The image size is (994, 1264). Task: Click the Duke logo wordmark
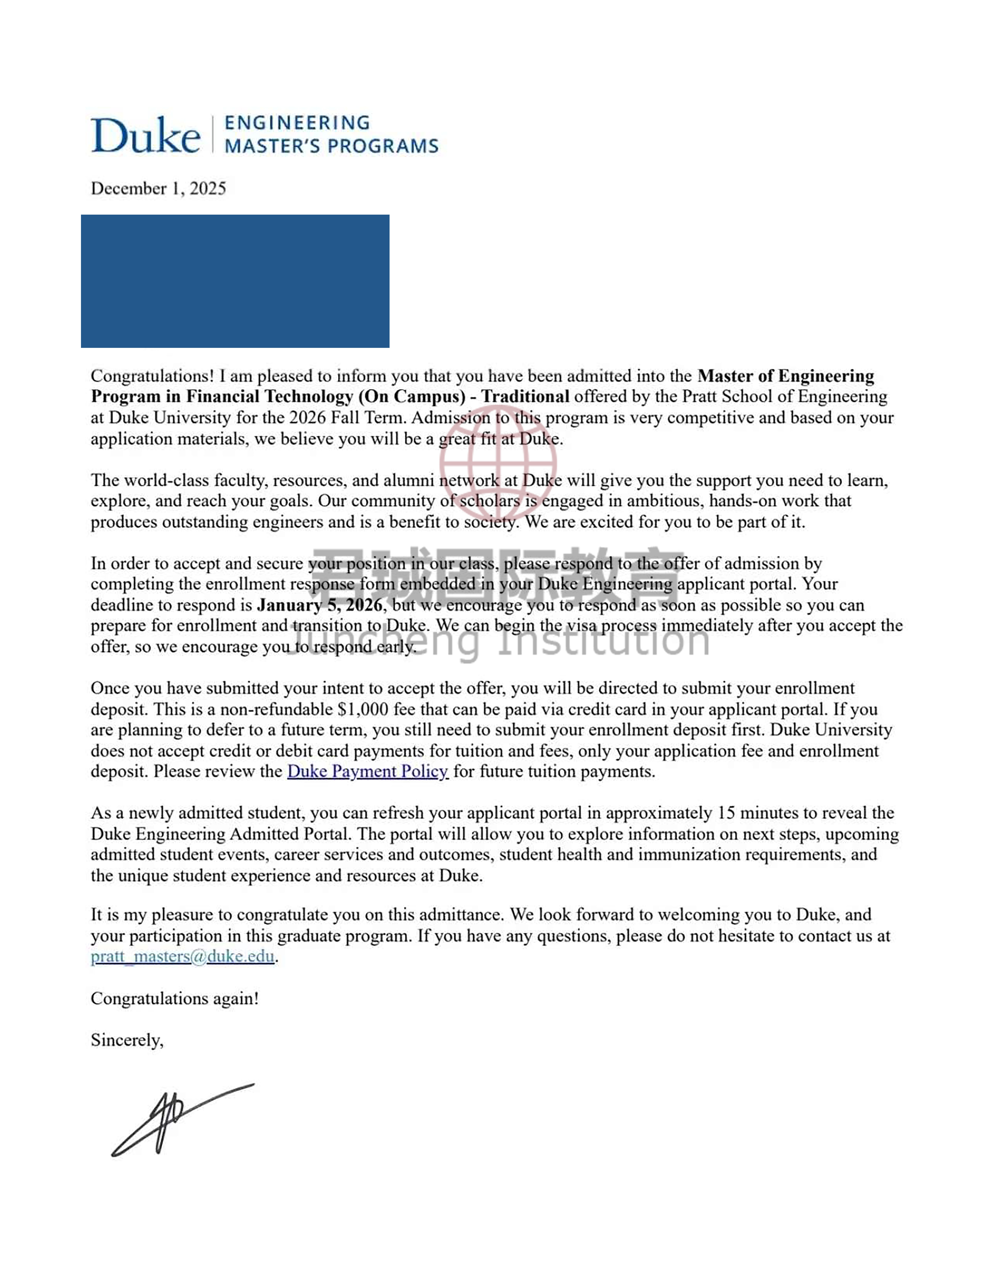point(145,135)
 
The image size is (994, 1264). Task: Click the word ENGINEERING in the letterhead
point(297,123)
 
